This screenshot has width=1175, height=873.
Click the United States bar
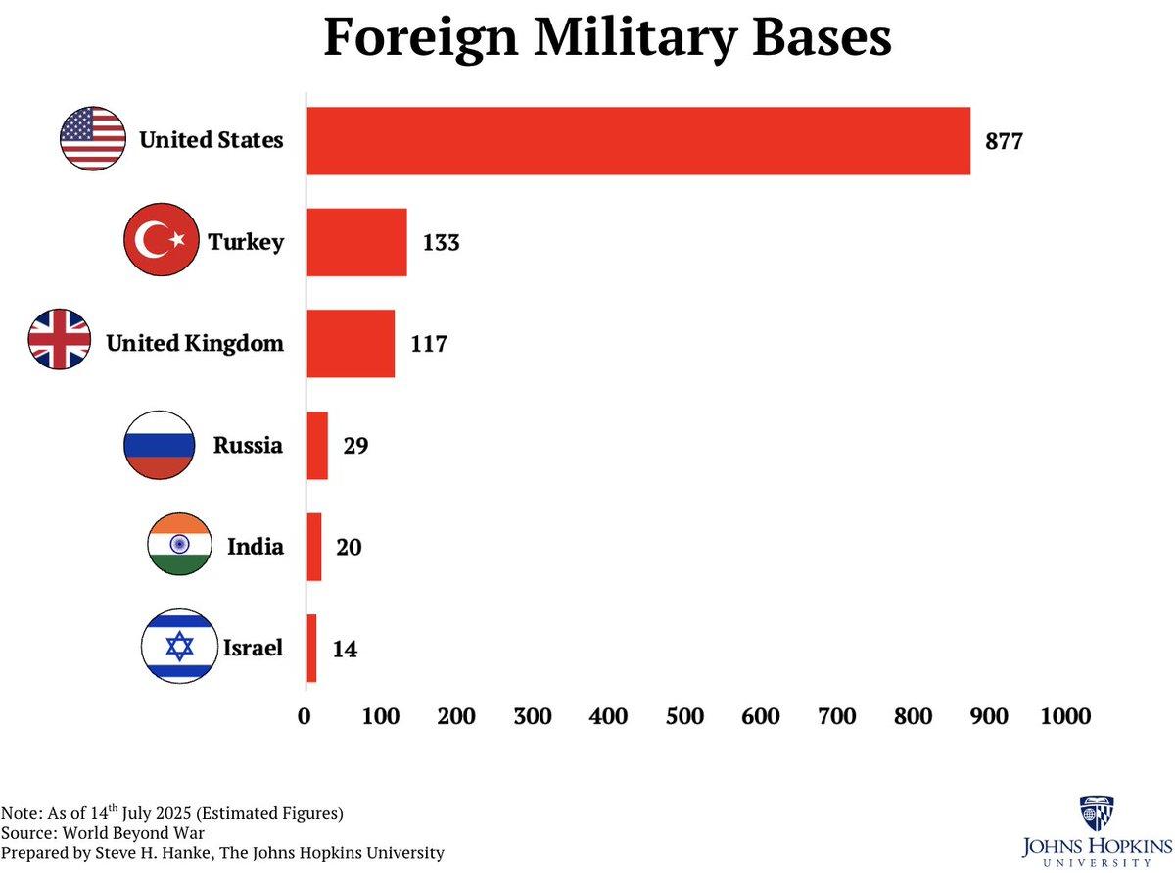638,141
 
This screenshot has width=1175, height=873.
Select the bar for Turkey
356,242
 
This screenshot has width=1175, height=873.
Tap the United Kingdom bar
351,344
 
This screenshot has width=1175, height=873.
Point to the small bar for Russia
317,446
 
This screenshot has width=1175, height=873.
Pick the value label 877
1004,141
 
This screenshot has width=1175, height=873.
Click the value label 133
441,242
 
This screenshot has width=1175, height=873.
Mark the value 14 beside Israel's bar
344,649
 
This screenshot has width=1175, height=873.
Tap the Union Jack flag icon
60,339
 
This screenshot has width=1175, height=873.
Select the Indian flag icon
179,544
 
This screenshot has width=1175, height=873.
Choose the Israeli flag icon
177,647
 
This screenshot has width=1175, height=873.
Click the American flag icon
93,139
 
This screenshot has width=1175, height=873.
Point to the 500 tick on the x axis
684,717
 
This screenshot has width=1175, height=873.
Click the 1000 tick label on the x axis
1065,717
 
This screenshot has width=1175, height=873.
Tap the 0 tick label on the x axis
305,717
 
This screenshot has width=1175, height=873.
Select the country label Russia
248,446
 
